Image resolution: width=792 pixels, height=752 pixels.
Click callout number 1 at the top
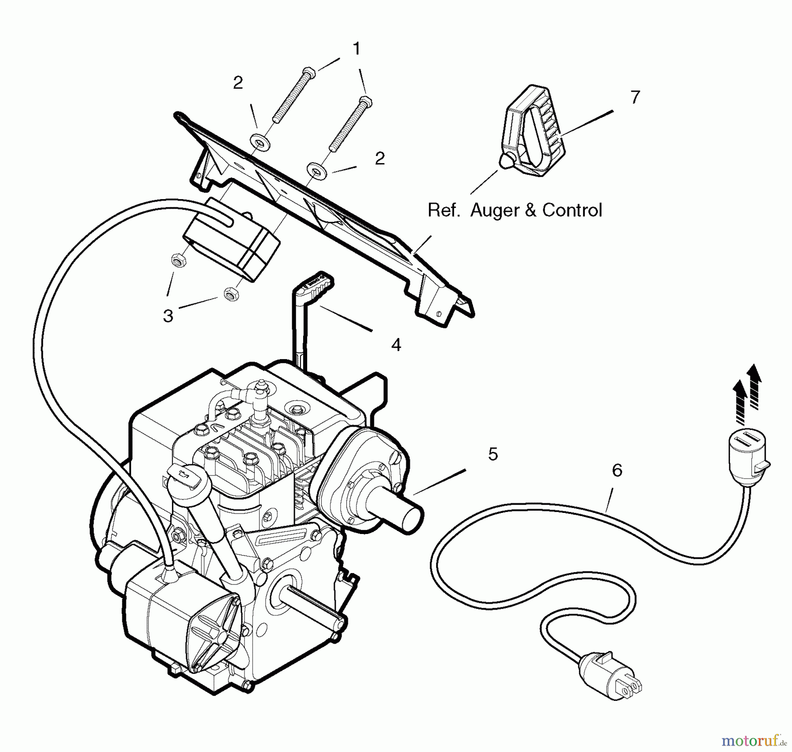(x=357, y=49)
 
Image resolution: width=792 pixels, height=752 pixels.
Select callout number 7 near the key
(x=634, y=97)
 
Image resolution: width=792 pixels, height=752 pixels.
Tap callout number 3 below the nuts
(x=168, y=316)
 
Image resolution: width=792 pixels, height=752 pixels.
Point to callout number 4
(x=396, y=345)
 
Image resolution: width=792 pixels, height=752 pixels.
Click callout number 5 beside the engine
(x=493, y=454)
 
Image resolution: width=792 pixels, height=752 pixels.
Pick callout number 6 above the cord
(x=617, y=470)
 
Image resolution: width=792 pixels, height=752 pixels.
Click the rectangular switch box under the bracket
(x=231, y=240)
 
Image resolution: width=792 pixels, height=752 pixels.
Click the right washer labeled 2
(x=315, y=170)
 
